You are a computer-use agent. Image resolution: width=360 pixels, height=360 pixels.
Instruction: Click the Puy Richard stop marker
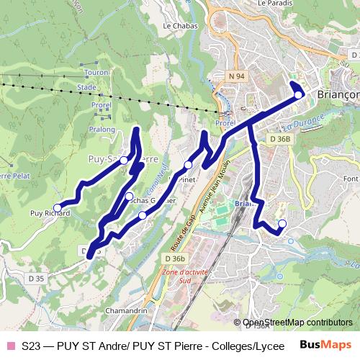coord(58,207)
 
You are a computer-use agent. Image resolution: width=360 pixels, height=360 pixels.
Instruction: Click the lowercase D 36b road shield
coord(175,258)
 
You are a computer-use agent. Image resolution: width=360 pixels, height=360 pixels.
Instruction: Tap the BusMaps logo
coord(326,346)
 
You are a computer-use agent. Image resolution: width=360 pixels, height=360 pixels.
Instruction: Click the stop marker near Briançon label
coord(299,94)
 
